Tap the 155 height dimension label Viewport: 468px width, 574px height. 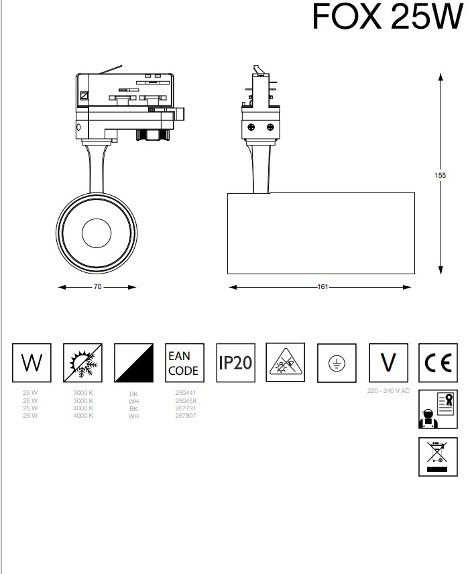(x=440, y=175)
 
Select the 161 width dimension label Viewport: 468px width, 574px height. (x=323, y=287)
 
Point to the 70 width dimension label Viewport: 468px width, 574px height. (x=97, y=287)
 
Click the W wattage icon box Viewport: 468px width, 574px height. (x=32, y=363)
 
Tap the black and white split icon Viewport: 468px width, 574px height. (x=133, y=363)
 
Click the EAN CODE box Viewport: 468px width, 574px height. (x=184, y=363)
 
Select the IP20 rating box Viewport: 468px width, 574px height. (x=235, y=363)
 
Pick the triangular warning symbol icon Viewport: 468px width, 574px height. (x=285, y=363)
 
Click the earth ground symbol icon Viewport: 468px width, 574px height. (x=336, y=363)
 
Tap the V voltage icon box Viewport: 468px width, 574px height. (x=388, y=363)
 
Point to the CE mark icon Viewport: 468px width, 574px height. (x=437, y=363)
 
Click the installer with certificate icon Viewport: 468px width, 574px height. (x=437, y=408)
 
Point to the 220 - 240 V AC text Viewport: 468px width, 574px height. (x=388, y=390)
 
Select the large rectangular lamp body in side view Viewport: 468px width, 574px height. (x=320, y=233)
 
